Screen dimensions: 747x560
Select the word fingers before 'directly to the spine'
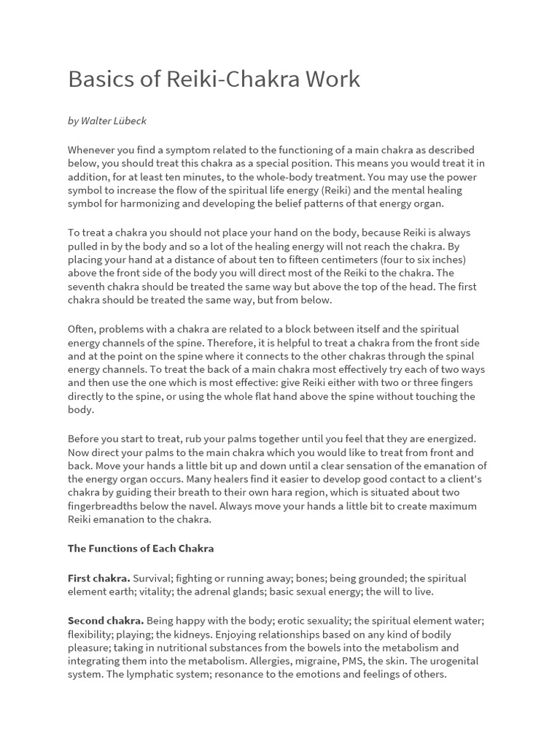tap(451, 383)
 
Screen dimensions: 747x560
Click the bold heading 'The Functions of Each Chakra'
tap(141, 548)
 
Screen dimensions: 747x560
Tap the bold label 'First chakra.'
tap(99, 578)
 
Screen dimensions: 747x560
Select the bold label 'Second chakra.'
tap(106, 620)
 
